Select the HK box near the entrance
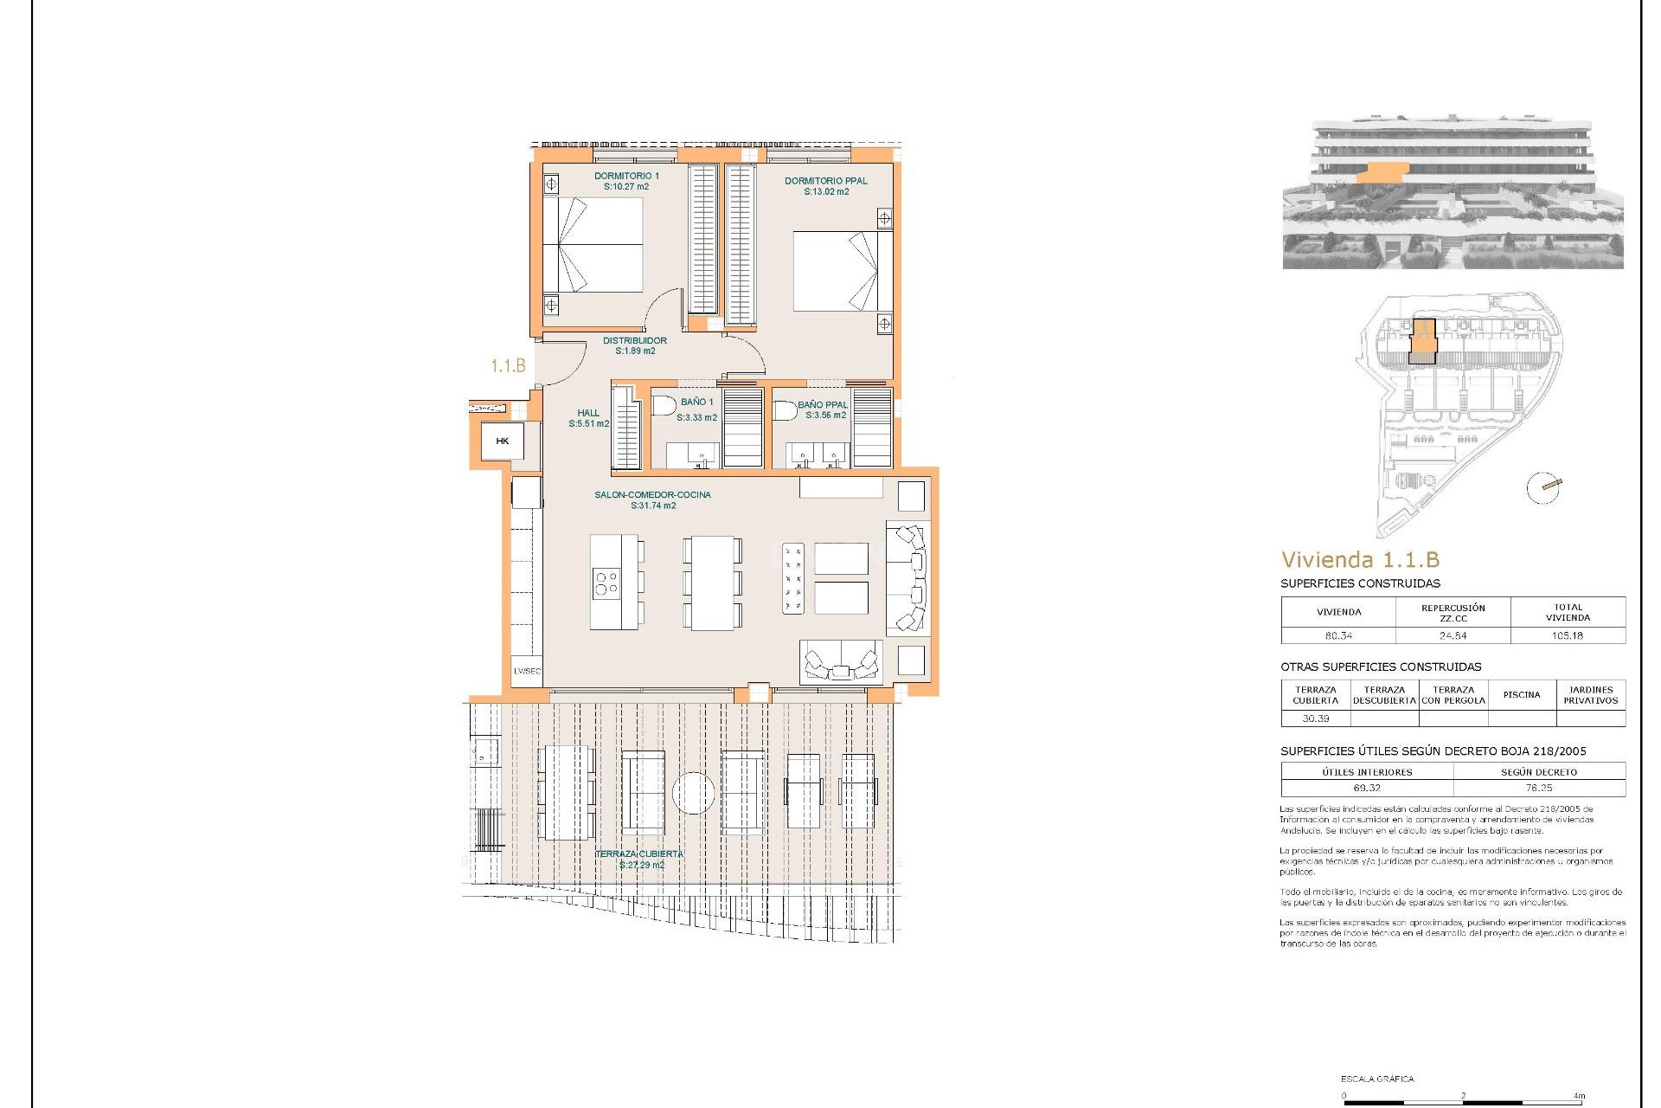pos(503,441)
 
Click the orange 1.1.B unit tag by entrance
pos(508,366)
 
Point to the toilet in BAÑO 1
pos(664,405)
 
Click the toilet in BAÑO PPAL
pos(785,409)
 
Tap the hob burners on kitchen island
pos(606,583)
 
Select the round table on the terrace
pos(693,793)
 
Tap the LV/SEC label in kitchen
pos(527,671)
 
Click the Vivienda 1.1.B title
pos(1360,560)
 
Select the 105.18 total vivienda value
pos(1567,635)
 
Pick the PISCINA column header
pos(1521,695)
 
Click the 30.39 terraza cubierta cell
pos(1315,718)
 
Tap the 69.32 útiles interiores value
pos(1367,788)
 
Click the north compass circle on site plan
pos(1542,487)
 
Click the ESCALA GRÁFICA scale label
pos(1377,1079)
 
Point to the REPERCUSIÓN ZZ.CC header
pos(1453,613)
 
